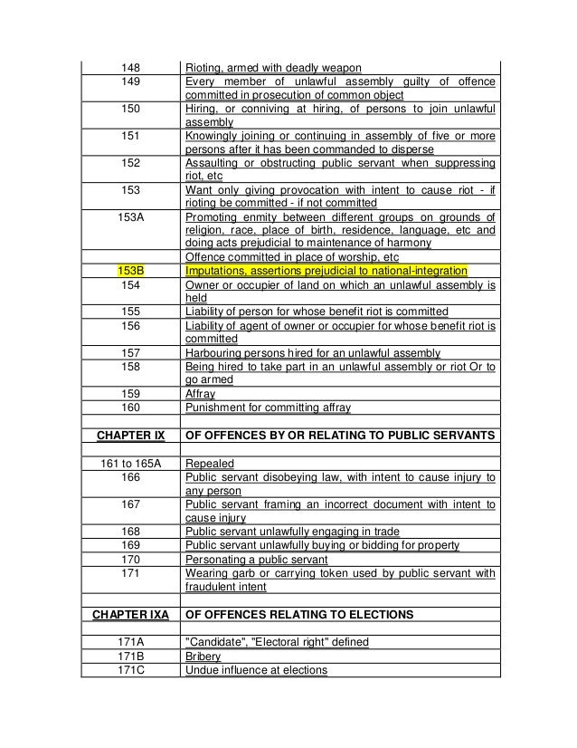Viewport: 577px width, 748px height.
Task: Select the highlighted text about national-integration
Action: coord(325,270)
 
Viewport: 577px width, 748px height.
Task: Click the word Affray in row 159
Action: coord(200,395)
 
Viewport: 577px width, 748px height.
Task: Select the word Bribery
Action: coord(203,657)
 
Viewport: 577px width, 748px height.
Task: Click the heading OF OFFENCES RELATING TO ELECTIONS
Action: coord(299,615)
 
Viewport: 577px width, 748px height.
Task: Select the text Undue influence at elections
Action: coord(256,670)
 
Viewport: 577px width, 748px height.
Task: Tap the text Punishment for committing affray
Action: coord(268,408)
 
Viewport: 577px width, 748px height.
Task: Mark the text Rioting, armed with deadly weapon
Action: coord(273,67)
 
